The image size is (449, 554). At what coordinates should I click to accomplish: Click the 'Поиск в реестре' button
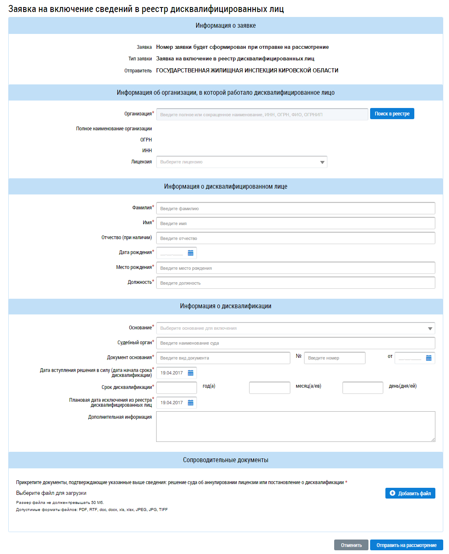392,114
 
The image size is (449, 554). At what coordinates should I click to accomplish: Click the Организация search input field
262,115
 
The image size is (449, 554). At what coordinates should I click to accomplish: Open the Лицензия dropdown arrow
322,162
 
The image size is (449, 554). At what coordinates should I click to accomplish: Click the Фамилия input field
295,209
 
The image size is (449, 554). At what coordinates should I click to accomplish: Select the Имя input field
295,223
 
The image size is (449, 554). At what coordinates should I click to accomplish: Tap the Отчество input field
295,238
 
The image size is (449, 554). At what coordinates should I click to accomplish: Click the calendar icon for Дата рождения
190,253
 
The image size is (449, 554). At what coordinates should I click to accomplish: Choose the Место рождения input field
295,268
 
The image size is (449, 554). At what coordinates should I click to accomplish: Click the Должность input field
295,283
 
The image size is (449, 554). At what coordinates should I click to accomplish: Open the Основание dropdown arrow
430,329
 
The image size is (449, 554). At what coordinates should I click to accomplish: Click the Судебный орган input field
295,343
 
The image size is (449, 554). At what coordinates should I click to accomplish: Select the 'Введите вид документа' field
223,358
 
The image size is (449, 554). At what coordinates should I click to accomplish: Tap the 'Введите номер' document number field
335,358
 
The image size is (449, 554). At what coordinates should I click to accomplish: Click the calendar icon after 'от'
429,358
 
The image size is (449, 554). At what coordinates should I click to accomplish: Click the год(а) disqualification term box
176,388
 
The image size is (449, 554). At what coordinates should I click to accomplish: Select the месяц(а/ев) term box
269,388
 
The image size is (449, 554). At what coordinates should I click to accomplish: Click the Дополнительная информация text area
295,427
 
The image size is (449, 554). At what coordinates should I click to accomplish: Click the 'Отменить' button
351,545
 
